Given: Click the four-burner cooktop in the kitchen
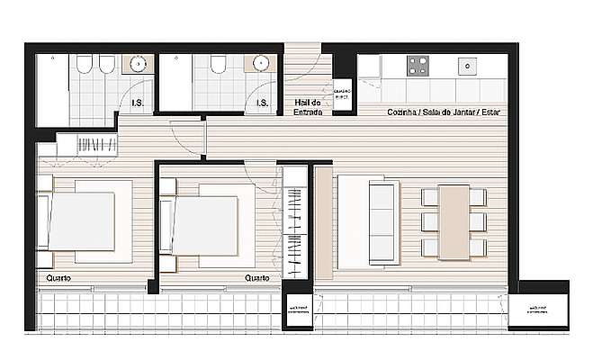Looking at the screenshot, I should click(418, 65).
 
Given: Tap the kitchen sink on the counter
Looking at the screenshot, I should click(468, 66).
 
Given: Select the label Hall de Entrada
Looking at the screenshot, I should click(308, 107).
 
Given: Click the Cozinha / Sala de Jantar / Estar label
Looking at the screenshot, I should click(444, 112).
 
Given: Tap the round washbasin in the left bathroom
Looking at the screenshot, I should click(139, 64).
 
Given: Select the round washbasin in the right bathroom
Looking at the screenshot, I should click(261, 64).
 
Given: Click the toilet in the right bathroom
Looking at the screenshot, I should click(217, 65).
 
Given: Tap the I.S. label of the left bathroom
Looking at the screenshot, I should click(138, 103).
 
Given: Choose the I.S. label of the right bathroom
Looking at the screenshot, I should click(262, 103).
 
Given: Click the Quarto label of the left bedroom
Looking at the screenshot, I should click(59, 278).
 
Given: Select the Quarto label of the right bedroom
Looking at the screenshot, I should click(258, 278).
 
